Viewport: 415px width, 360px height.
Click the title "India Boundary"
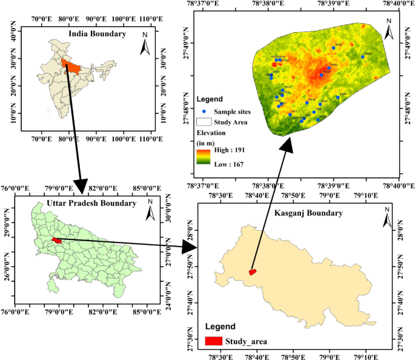point(97,34)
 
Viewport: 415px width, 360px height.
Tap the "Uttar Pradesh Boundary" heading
point(91,203)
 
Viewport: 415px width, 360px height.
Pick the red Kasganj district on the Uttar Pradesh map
point(56,240)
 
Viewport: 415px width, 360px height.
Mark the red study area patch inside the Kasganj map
point(253,272)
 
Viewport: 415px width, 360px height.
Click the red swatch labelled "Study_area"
point(213,342)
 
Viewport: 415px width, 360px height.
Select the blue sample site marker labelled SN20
point(362,57)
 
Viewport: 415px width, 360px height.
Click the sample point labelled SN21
point(333,47)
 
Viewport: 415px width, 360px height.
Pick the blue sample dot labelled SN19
point(337,97)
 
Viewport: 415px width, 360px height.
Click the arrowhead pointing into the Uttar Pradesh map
point(81,184)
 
